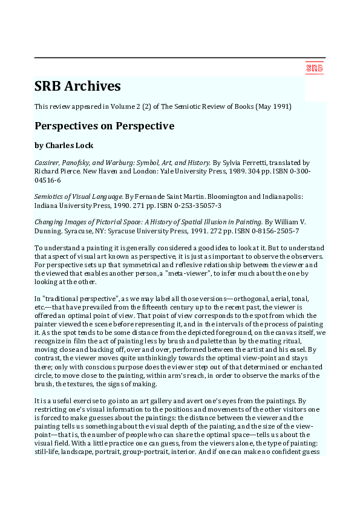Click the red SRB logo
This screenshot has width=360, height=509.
(314, 68)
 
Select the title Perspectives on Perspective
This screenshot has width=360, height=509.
(104, 126)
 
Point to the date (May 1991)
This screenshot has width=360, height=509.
(276, 107)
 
